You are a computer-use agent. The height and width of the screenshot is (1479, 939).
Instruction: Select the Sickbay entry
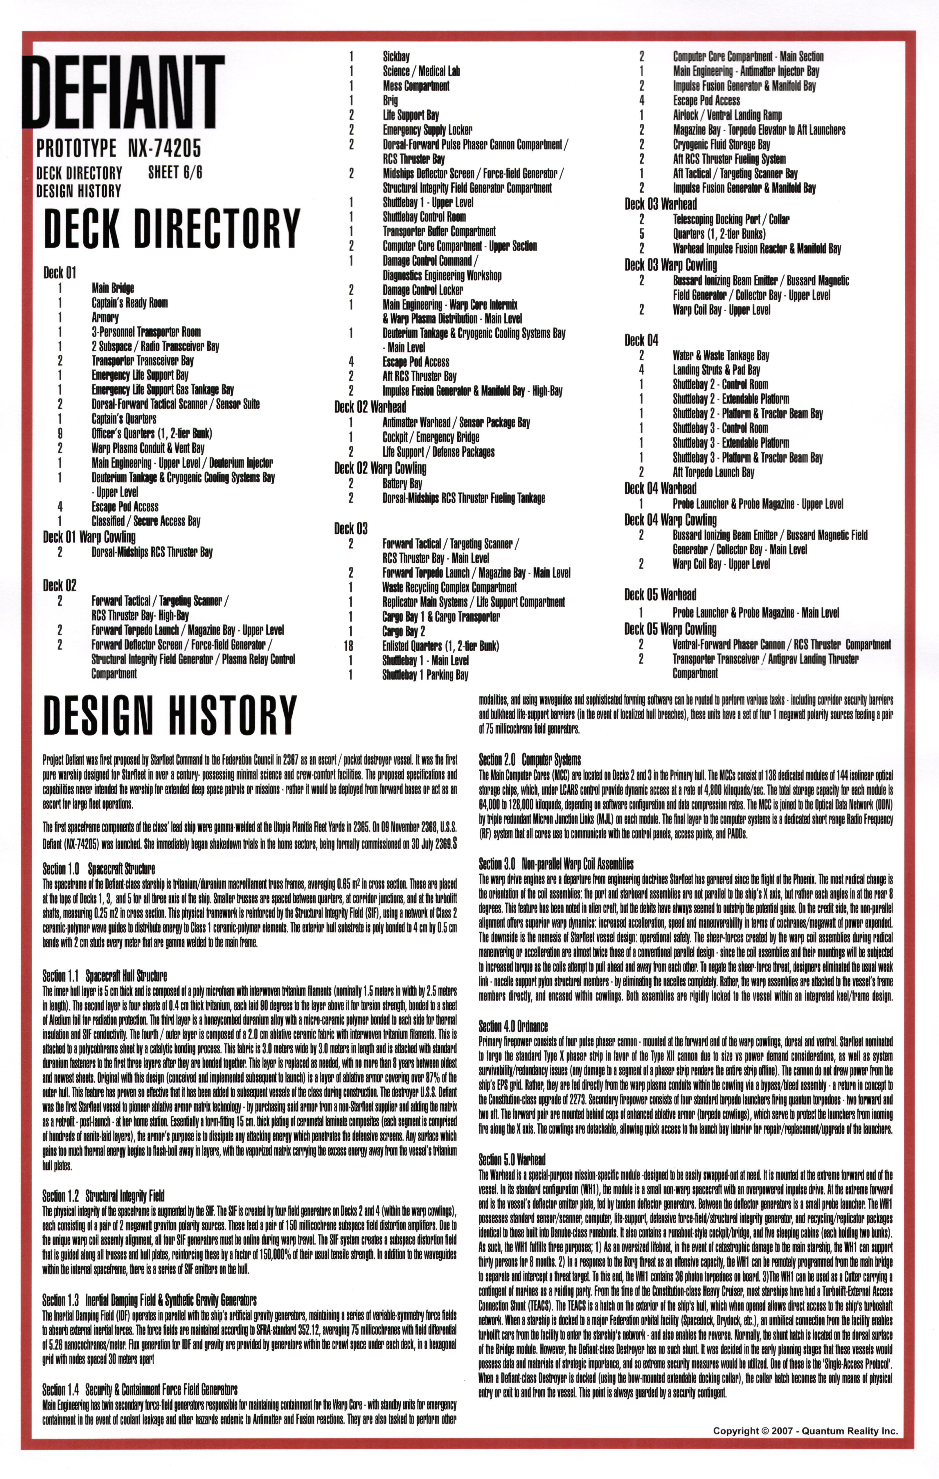coord(396,57)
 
